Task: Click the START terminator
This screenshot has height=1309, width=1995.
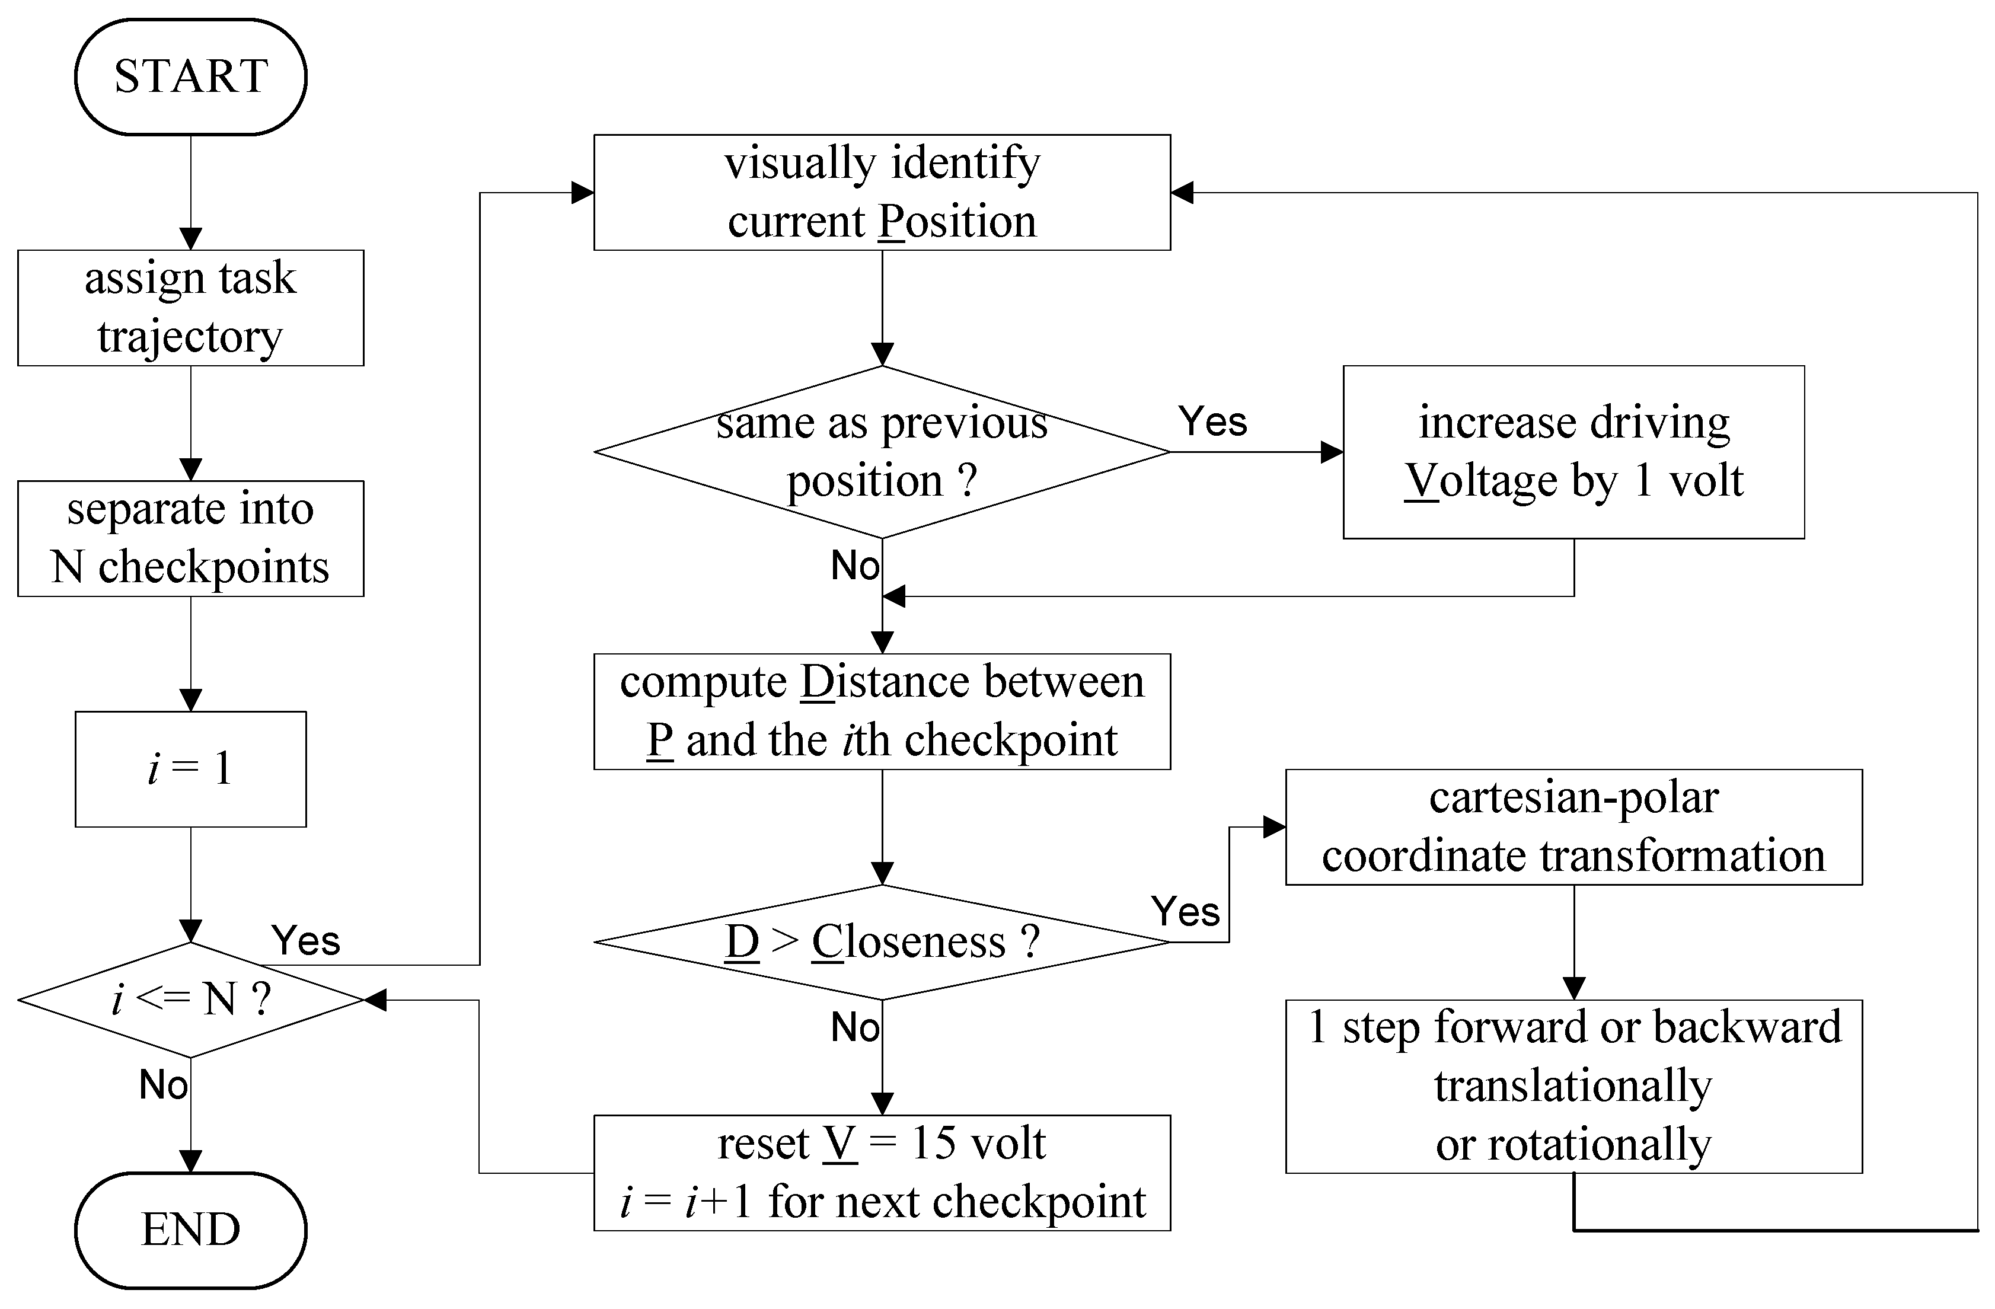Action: click(x=190, y=76)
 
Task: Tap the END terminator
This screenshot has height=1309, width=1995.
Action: click(x=190, y=1230)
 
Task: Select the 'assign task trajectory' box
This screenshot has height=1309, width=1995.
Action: click(x=190, y=308)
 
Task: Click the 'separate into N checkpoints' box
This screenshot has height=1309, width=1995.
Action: click(x=190, y=538)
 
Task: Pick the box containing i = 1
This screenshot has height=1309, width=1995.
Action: click(x=190, y=768)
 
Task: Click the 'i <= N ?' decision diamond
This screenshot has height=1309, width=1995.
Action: click(x=190, y=999)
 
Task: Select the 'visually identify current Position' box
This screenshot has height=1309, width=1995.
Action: click(x=882, y=192)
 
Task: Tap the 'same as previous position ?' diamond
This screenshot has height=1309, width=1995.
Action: click(x=882, y=452)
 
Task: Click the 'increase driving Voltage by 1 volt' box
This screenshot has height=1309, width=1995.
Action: click(x=1573, y=452)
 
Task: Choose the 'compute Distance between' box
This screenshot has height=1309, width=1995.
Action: click(x=882, y=711)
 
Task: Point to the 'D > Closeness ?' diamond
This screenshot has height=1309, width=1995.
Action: click(x=882, y=942)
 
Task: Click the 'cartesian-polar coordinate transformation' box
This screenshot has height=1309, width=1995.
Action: click(x=1573, y=826)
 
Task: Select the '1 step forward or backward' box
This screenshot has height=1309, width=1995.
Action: click(x=1573, y=1086)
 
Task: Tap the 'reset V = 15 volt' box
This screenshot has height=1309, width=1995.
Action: click(x=882, y=1173)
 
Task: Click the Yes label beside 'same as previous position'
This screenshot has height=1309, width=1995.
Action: click(x=1212, y=422)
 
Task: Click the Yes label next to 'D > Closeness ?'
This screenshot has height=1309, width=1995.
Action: click(x=1185, y=912)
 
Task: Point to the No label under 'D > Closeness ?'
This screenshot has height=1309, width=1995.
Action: click(x=854, y=1027)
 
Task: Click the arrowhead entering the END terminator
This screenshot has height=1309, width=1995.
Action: click(x=190, y=1161)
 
